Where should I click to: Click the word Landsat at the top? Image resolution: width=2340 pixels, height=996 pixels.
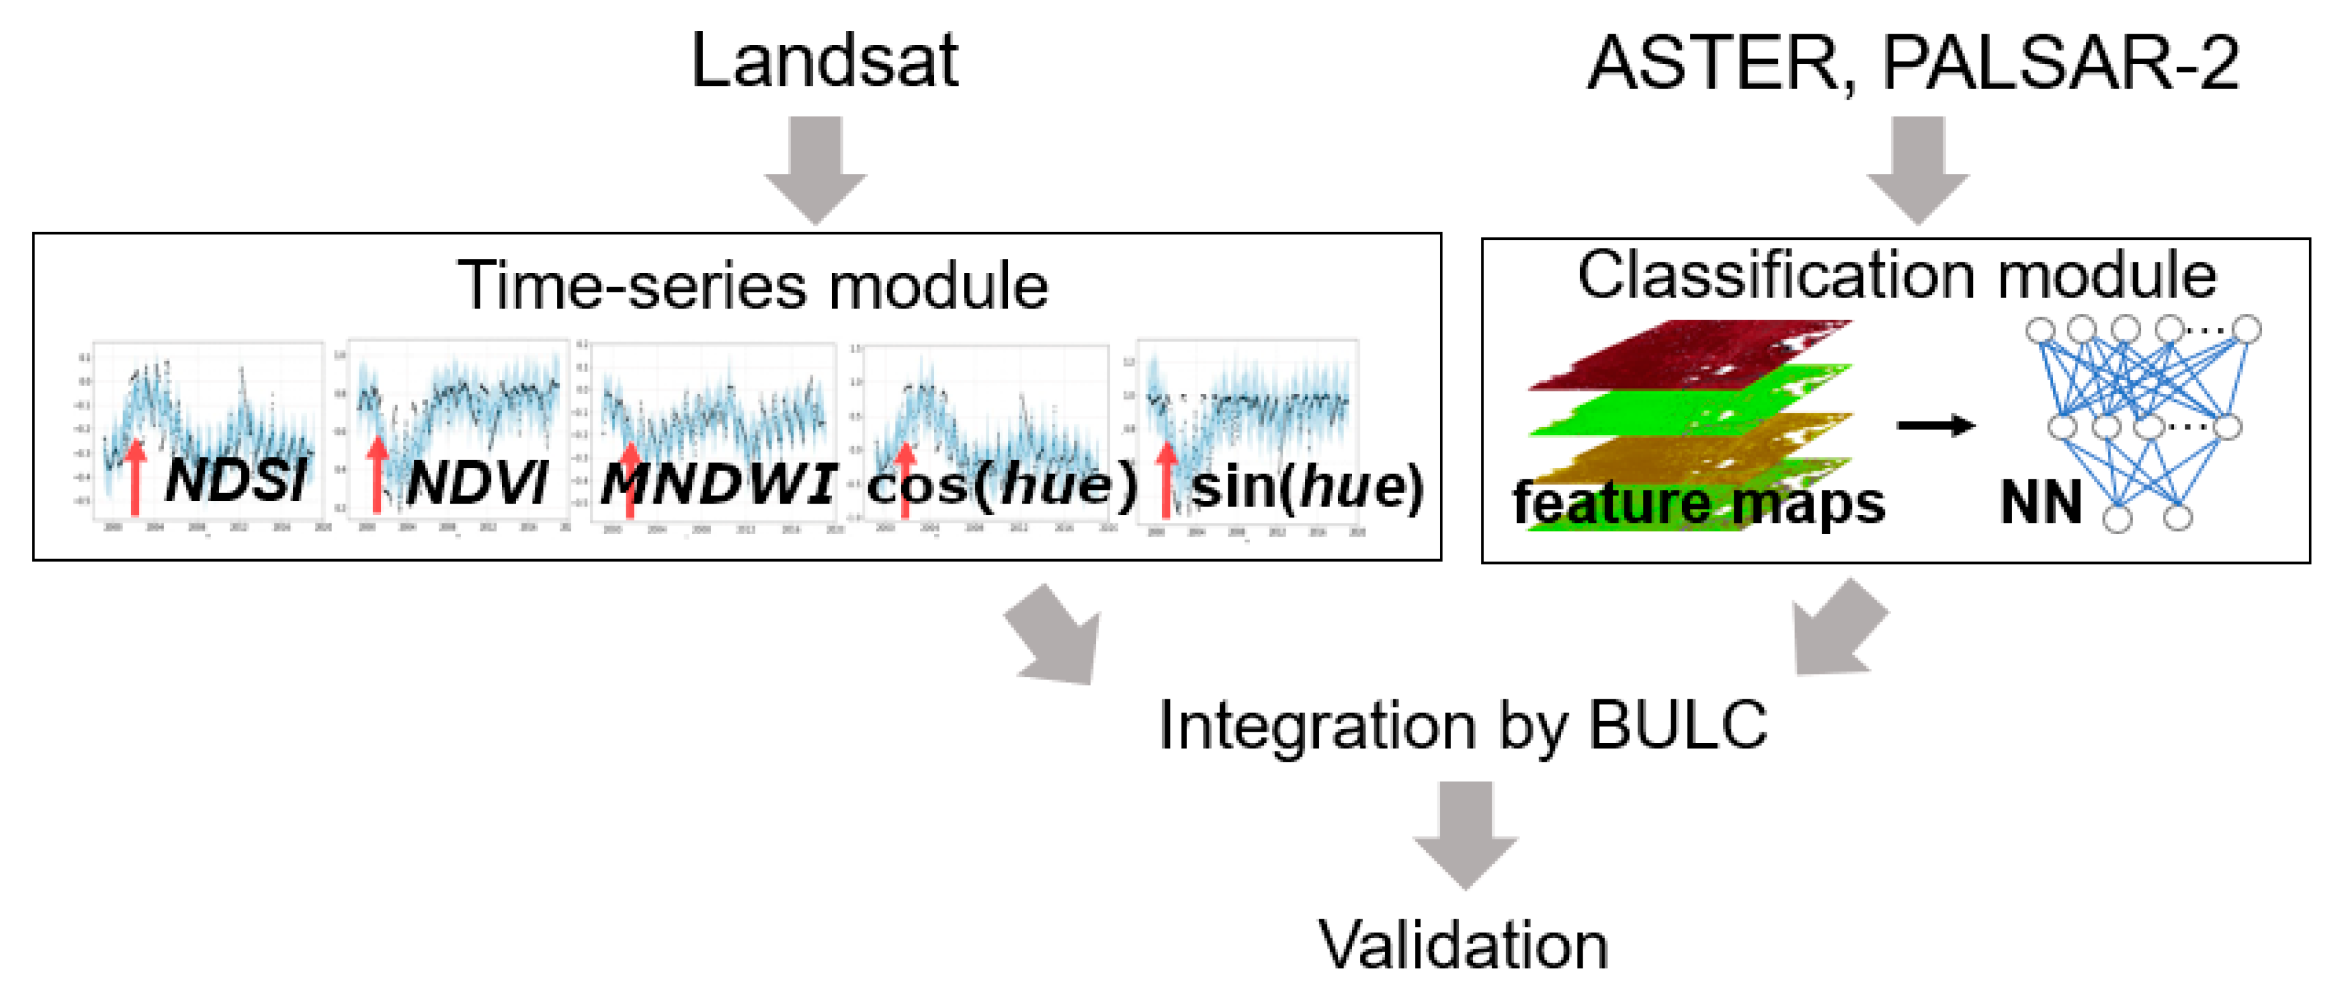pyautogui.click(x=824, y=61)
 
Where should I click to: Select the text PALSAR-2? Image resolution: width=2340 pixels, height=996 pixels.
pyautogui.click(x=2061, y=64)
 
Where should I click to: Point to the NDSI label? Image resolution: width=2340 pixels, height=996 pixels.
pyautogui.click(x=236, y=479)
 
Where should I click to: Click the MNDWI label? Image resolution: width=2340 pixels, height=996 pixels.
pyautogui.click(x=717, y=483)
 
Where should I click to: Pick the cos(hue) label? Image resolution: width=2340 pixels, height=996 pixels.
pyautogui.click(x=1002, y=485)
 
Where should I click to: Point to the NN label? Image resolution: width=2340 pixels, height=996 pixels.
pyautogui.click(x=2040, y=502)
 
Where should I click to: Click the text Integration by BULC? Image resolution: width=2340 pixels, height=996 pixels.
pyautogui.click(x=1462, y=725)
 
